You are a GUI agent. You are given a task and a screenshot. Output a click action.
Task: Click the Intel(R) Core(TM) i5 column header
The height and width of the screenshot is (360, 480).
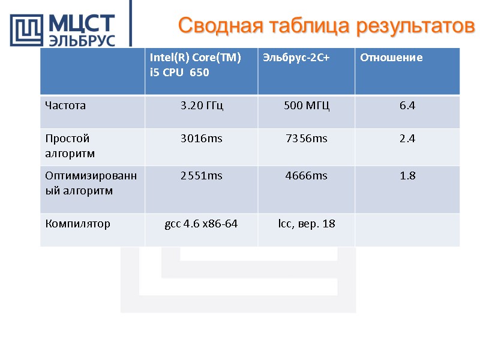[x=196, y=65]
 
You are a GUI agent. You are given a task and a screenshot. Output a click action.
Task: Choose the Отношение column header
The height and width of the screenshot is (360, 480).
[x=391, y=58]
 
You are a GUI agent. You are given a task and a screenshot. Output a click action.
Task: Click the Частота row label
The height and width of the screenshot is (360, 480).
[x=65, y=106]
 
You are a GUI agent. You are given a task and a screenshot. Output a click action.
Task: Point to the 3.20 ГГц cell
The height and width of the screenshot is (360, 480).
[x=202, y=106]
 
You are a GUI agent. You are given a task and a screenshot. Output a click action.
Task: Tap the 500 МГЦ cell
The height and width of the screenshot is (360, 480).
[x=306, y=106]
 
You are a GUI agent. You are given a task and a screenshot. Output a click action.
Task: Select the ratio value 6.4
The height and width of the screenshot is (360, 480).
[x=407, y=106]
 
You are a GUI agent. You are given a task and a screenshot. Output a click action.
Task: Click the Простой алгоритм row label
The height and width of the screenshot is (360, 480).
[x=70, y=146]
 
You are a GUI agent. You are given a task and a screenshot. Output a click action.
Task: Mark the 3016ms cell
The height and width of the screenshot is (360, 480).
[x=202, y=139]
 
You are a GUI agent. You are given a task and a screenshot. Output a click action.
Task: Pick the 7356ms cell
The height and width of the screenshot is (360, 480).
[x=306, y=139]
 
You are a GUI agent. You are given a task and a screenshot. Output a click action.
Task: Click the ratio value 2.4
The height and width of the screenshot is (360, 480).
[x=407, y=139]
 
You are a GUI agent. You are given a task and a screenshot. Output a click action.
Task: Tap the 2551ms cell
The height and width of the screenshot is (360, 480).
[x=202, y=176]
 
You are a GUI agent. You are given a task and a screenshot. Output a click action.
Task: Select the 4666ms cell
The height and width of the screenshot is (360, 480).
[x=306, y=176]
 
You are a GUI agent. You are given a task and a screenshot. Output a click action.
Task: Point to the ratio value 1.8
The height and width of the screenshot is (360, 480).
[x=407, y=176]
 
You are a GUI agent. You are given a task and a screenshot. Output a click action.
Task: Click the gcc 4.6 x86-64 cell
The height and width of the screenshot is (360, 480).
[x=201, y=224]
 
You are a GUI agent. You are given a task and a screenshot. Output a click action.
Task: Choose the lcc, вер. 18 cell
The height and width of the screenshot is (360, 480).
[x=306, y=224]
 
